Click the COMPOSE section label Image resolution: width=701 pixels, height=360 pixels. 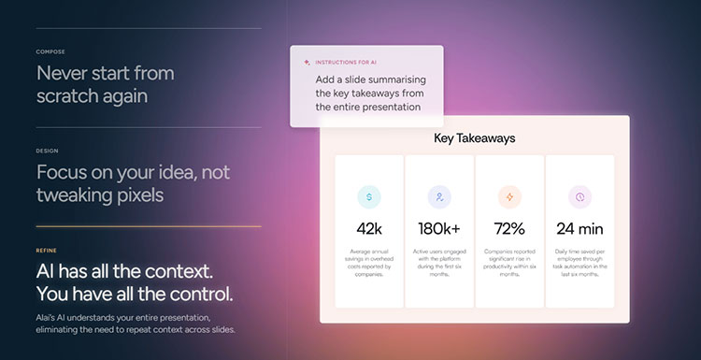(x=50, y=51)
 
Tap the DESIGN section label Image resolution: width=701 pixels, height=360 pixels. (x=48, y=150)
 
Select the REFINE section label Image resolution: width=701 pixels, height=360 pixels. (x=47, y=251)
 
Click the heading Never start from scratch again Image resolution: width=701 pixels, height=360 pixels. (x=105, y=83)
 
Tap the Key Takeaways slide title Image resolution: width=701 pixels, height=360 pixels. (x=474, y=138)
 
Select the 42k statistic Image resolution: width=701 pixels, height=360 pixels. (x=369, y=228)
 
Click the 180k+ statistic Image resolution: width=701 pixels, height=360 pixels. (x=439, y=228)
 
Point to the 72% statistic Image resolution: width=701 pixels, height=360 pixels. (x=509, y=228)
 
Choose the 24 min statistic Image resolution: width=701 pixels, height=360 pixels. (x=580, y=228)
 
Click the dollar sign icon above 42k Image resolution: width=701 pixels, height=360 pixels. (x=369, y=197)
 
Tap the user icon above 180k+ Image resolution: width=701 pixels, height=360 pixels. (x=439, y=197)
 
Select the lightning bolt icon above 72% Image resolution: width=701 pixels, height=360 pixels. (x=509, y=197)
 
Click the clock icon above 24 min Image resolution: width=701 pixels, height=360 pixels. (x=580, y=197)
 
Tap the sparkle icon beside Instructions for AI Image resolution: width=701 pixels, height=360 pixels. (x=307, y=62)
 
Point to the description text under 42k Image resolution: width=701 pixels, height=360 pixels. (x=369, y=264)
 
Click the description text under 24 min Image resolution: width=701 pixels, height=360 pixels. (x=580, y=264)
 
